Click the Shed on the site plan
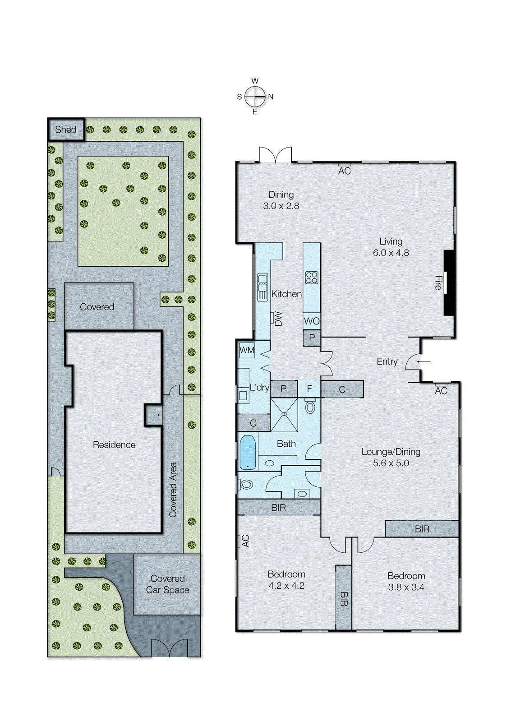pyautogui.click(x=66, y=130)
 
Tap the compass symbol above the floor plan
pyautogui.click(x=255, y=97)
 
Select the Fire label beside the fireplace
pyautogui.click(x=438, y=283)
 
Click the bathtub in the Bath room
pyautogui.click(x=247, y=452)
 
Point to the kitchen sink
pyautogui.click(x=262, y=287)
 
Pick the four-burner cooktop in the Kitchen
pyautogui.click(x=312, y=278)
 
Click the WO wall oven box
pyautogui.click(x=312, y=321)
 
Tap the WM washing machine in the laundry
pyautogui.click(x=247, y=350)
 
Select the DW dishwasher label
pyautogui.click(x=278, y=319)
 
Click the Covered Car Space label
pyautogui.click(x=167, y=584)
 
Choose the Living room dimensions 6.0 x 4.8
pyautogui.click(x=391, y=253)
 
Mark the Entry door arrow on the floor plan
pyautogui.click(x=424, y=361)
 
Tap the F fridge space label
pyautogui.click(x=309, y=389)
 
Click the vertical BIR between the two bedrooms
pyautogui.click(x=344, y=598)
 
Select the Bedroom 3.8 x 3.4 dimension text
pyautogui.click(x=406, y=587)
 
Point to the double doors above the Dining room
pyautogui.click(x=276, y=155)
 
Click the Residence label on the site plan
pyautogui.click(x=114, y=445)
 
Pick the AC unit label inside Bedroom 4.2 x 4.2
pyautogui.click(x=245, y=541)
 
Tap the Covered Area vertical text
pyautogui.click(x=173, y=490)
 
